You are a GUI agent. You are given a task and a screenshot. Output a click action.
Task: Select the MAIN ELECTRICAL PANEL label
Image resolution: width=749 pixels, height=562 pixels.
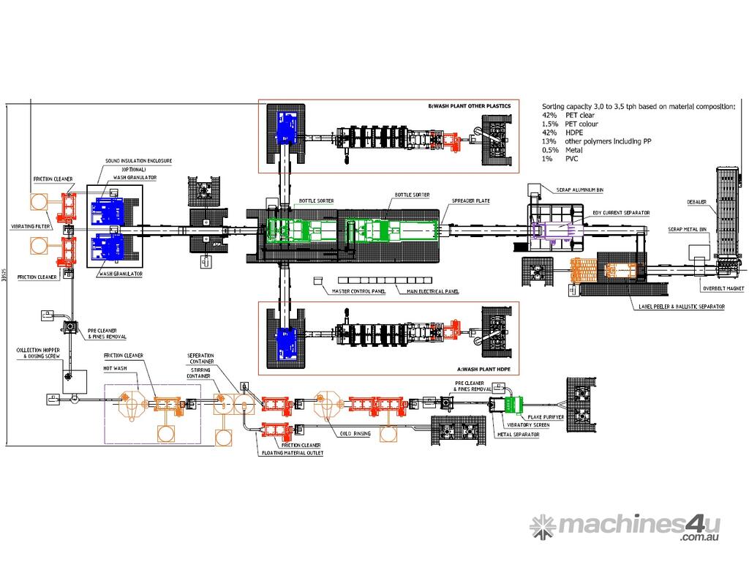coord(433,291)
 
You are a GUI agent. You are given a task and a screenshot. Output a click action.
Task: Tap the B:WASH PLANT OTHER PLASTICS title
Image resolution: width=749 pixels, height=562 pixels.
coord(469,107)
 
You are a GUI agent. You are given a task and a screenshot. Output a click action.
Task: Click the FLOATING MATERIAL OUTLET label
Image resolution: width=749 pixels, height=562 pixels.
coord(293,453)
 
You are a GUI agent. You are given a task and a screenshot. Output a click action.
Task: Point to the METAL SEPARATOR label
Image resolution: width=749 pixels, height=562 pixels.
coord(518,434)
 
